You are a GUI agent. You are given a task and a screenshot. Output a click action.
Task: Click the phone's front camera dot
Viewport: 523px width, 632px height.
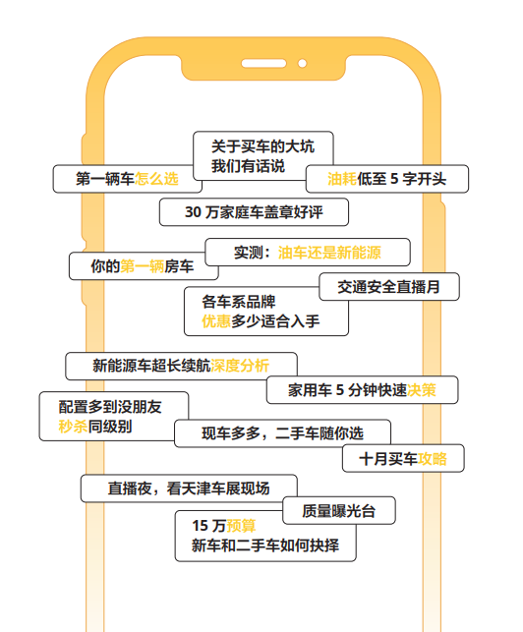tap(302, 63)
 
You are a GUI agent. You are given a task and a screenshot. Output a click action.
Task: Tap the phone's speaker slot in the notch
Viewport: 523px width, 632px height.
tap(263, 63)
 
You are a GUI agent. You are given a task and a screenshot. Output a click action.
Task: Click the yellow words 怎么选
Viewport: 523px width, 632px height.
tap(156, 179)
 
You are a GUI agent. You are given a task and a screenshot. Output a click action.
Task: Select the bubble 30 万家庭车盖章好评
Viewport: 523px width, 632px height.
tap(254, 212)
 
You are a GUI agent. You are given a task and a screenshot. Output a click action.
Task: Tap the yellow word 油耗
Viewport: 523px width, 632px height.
tap(342, 179)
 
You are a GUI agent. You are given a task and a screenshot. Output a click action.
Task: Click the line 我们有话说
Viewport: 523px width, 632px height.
tap(249, 166)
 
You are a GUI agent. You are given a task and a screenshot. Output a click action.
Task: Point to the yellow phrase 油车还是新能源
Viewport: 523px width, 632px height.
tap(329, 253)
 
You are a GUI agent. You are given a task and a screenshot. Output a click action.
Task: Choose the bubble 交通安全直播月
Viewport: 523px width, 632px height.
tap(389, 287)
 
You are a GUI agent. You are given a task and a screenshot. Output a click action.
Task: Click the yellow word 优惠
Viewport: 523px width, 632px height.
tap(216, 321)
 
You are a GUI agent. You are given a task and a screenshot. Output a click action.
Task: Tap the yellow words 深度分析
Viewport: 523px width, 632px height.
tap(240, 366)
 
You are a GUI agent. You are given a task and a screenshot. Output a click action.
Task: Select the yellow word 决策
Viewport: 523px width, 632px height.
tap(422, 390)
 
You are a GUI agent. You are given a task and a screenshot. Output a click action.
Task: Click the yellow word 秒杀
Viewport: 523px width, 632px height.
tap(73, 426)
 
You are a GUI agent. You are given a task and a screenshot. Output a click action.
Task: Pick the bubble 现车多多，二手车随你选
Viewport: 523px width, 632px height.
tap(283, 433)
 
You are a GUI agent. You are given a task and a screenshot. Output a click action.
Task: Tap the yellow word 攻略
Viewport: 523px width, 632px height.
tap(433, 459)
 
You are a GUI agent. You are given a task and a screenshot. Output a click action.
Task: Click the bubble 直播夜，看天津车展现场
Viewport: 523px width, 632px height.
tap(189, 488)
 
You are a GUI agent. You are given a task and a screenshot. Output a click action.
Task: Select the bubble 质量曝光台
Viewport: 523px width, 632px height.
tap(339, 511)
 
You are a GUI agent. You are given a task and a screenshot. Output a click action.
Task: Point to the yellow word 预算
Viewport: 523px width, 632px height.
tap(241, 526)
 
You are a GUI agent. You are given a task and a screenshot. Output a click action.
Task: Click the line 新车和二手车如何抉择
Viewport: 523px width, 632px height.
tap(265, 546)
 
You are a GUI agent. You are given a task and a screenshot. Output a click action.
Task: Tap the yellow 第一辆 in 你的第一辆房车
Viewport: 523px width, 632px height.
tap(143, 266)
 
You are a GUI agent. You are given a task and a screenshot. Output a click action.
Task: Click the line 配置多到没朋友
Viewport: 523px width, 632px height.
tap(110, 407)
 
